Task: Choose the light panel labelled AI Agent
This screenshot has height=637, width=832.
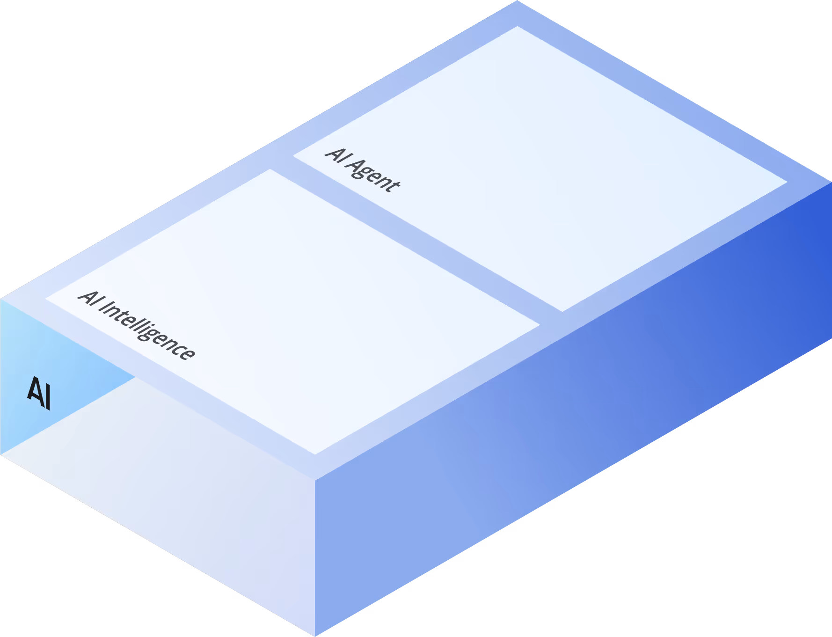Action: [x=538, y=168]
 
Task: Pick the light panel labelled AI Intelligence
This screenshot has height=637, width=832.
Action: [x=292, y=311]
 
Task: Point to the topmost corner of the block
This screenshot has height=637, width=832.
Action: [x=517, y=1]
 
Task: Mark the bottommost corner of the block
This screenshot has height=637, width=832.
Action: [x=315, y=636]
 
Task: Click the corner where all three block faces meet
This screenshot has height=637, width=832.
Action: [x=315, y=480]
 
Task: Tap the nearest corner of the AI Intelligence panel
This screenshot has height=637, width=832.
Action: [x=315, y=454]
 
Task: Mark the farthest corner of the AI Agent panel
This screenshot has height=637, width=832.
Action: [x=517, y=27]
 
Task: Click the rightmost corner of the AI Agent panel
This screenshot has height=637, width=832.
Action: [x=787, y=182]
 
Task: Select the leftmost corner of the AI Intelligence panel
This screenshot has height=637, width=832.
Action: [x=46, y=298]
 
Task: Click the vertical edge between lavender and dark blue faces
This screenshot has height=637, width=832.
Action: [x=315, y=557]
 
